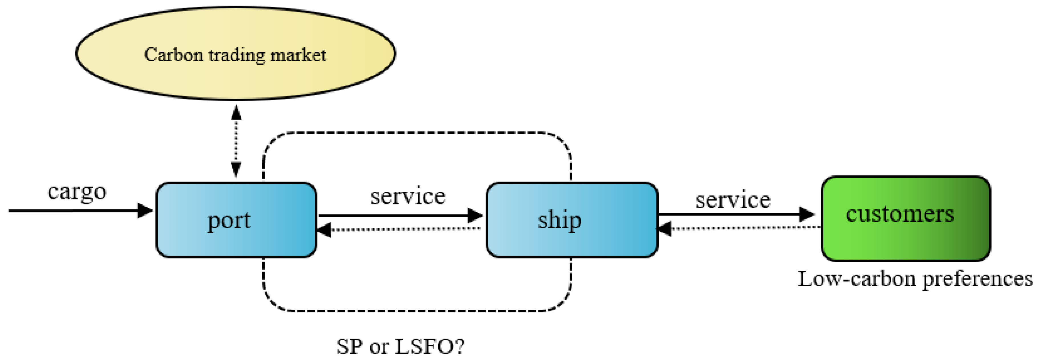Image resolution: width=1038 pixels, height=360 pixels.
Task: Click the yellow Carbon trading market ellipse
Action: (x=236, y=81)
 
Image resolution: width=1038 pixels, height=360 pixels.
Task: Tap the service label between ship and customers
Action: (x=733, y=200)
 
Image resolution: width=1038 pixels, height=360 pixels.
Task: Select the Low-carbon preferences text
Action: (x=915, y=279)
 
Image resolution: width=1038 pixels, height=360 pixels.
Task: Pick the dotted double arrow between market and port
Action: (x=236, y=141)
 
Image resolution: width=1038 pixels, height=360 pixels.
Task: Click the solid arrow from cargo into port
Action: (x=81, y=211)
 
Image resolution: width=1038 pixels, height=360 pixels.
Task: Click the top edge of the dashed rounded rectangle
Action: (x=417, y=133)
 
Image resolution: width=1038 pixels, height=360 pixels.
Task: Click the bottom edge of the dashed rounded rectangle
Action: (x=417, y=311)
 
